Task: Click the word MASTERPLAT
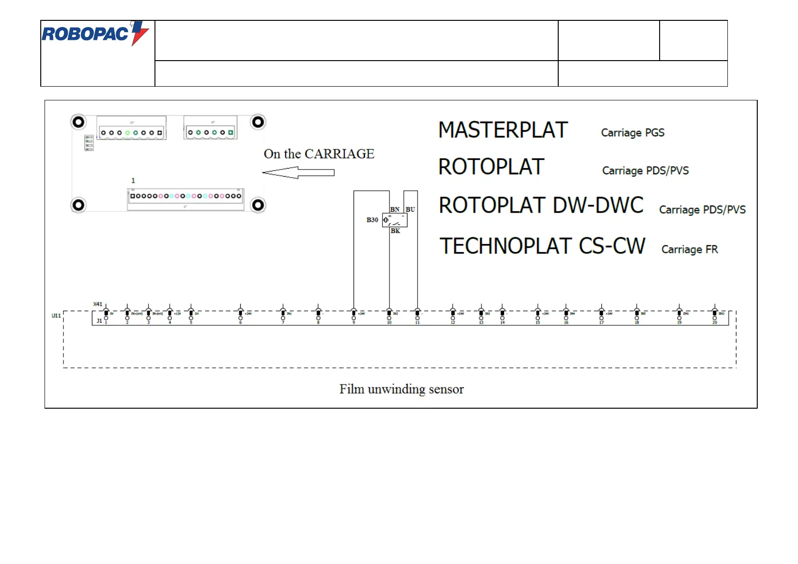(503, 130)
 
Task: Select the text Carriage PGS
(633, 133)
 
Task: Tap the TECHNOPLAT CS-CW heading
(542, 246)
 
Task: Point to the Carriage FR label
(689, 250)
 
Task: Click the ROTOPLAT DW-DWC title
(541, 206)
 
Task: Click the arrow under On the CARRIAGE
(299, 172)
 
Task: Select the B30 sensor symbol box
(395, 220)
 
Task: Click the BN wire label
(395, 209)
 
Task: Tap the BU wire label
(410, 209)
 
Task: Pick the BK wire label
(395, 231)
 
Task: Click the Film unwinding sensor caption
(401, 389)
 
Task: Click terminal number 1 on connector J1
(106, 318)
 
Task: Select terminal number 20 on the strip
(715, 318)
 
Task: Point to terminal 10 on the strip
(389, 318)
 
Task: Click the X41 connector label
(98, 304)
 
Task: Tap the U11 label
(56, 315)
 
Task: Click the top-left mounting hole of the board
(78, 122)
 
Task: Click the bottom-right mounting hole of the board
(258, 205)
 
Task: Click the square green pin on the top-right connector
(231, 133)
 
